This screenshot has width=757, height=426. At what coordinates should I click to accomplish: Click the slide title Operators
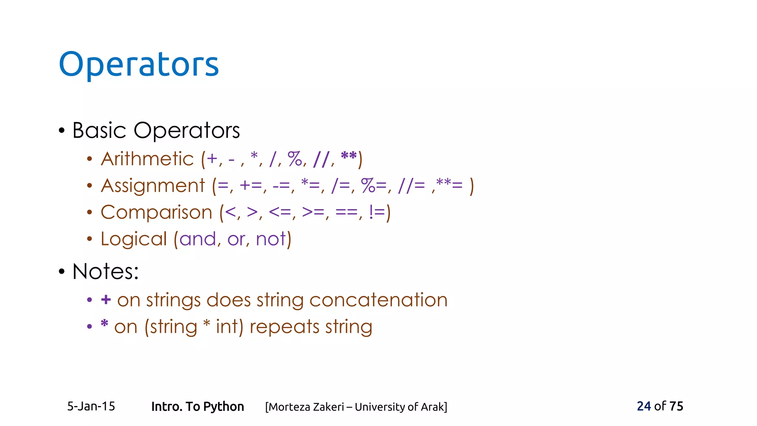(x=139, y=64)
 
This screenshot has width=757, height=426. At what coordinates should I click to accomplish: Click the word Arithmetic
(x=147, y=159)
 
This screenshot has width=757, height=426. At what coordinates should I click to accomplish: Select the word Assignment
(x=153, y=186)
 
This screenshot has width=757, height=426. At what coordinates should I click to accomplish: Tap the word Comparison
(x=156, y=212)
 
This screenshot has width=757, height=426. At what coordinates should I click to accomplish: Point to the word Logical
(x=134, y=239)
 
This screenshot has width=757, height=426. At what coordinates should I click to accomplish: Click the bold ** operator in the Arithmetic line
(x=349, y=156)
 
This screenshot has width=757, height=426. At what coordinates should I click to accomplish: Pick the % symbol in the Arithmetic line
(x=295, y=159)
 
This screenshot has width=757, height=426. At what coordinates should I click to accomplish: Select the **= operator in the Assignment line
(x=449, y=184)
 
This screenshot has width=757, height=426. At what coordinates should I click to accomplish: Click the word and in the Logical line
(x=197, y=239)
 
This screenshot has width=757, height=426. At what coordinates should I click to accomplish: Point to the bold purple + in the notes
(x=106, y=300)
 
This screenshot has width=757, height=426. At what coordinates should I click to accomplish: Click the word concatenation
(x=378, y=300)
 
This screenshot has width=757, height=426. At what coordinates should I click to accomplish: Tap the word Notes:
(x=105, y=271)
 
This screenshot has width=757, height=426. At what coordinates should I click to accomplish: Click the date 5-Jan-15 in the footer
(x=91, y=406)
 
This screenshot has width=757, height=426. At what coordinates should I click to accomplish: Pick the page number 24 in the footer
(x=644, y=406)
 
